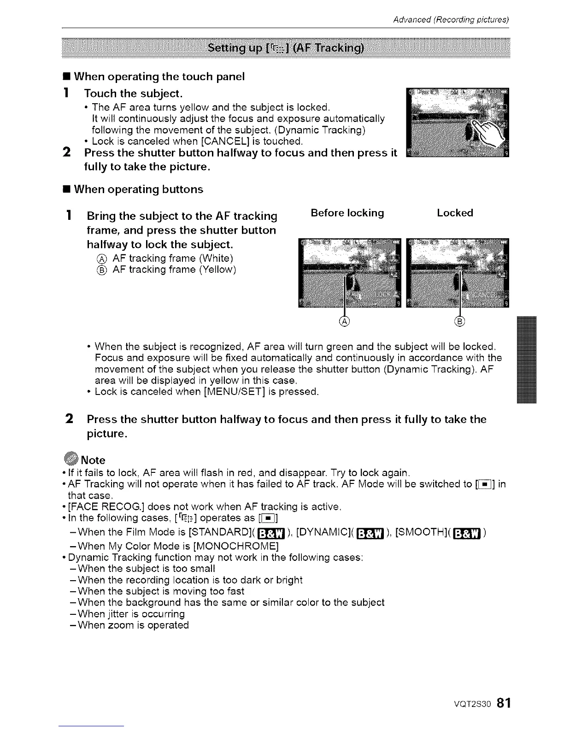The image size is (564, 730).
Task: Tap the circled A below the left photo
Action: click(344, 322)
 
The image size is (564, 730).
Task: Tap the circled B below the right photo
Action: click(460, 322)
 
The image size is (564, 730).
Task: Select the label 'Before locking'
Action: click(347, 213)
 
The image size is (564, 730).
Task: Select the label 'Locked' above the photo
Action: click(455, 213)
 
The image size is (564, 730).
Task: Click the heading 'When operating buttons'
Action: click(138, 189)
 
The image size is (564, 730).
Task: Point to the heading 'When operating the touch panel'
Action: click(159, 77)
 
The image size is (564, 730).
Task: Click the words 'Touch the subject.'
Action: click(133, 94)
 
